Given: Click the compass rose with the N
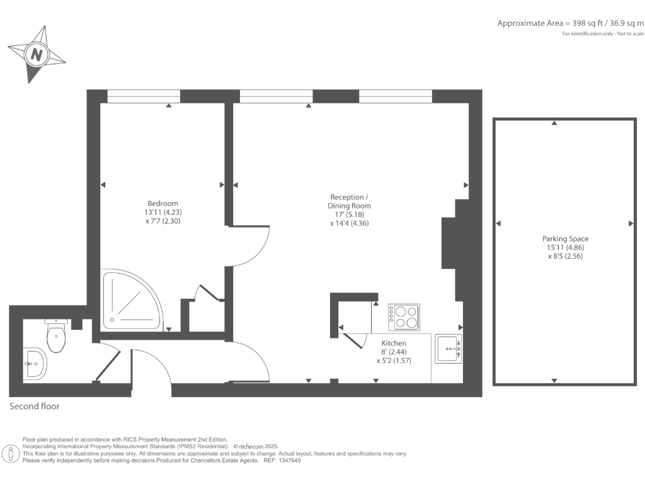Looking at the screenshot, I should [x=37, y=54].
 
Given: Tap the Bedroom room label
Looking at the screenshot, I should [x=163, y=203].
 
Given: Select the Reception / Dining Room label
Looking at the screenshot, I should [x=349, y=202].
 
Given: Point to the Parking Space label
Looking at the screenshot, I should [x=565, y=239].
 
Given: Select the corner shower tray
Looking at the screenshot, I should [x=129, y=302].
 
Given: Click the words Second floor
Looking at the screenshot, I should [x=35, y=406].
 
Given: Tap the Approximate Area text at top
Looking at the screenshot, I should [x=571, y=23].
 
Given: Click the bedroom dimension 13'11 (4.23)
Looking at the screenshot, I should [x=163, y=212].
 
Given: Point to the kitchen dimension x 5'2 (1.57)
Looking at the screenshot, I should [x=394, y=361].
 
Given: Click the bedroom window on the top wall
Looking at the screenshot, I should [x=144, y=96].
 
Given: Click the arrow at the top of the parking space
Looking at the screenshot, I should [x=554, y=123].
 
